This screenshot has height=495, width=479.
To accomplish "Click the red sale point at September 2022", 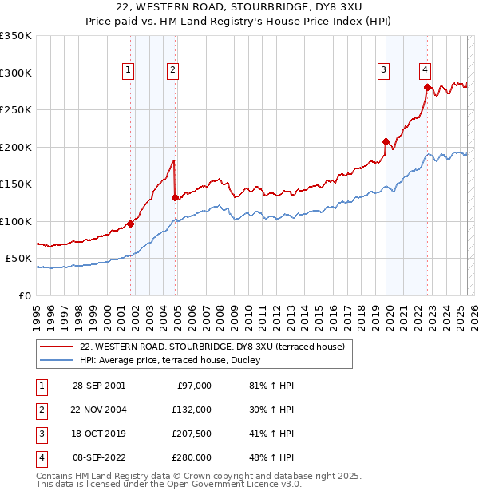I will point(427,87).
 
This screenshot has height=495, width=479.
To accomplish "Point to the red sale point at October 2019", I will point(386,141).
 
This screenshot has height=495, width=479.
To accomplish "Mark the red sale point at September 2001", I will point(131,224).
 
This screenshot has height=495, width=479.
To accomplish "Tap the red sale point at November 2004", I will point(175,197).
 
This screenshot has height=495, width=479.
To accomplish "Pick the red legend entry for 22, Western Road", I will point(212,346).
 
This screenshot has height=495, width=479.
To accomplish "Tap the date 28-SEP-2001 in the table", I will point(98,386).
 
